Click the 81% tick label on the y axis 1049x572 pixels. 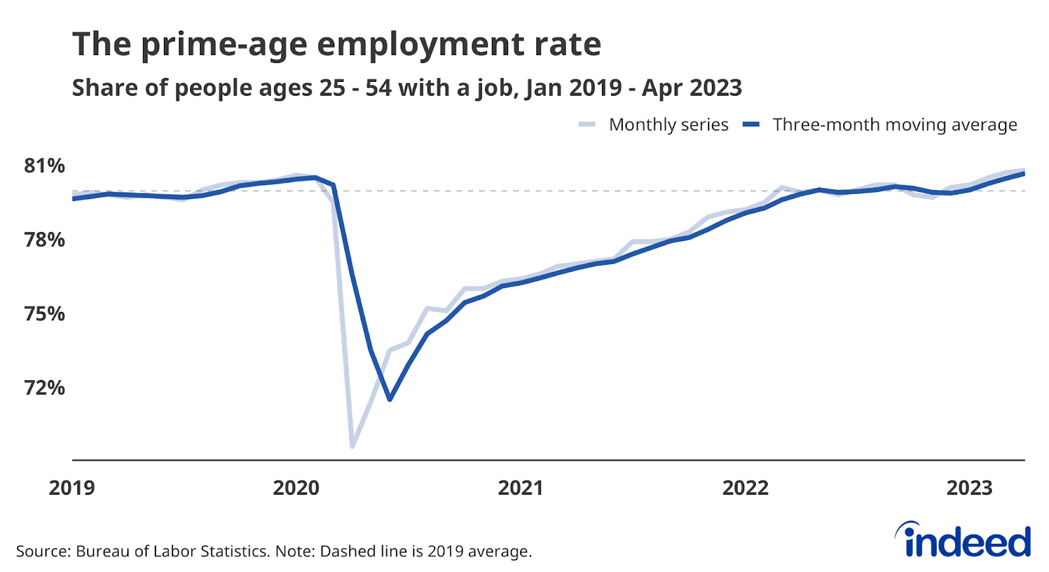pos(44,166)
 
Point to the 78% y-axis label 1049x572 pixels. pos(44,240)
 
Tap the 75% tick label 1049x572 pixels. pos(44,314)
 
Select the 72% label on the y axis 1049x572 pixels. pos(44,388)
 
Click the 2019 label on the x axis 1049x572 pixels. pos(71,488)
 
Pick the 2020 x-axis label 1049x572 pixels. pos(296,488)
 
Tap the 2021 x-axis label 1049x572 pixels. pos(521,488)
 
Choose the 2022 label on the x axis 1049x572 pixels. pos(745,488)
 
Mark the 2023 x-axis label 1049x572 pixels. pos(969,488)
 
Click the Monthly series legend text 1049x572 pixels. pos(668,124)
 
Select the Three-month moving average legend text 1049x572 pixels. pos(894,124)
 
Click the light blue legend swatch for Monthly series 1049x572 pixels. pos(587,124)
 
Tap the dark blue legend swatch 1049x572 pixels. pos(751,124)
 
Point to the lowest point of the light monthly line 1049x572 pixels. pos(353,447)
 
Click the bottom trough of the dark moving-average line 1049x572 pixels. pos(390,399)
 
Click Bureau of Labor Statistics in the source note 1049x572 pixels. pos(172,551)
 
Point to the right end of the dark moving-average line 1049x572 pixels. pos(1023,174)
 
